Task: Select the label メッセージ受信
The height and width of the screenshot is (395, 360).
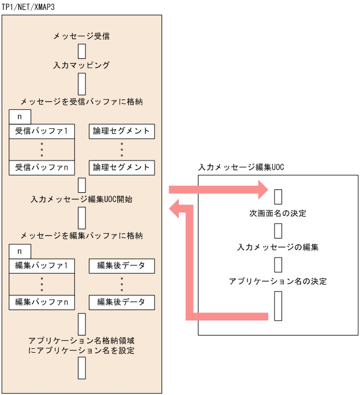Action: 81,36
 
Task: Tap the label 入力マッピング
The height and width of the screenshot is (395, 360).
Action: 81,65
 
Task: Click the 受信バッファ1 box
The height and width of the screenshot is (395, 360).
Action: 42,131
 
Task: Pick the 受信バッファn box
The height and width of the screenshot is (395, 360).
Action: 42,167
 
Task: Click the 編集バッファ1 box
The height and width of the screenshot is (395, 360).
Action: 42,266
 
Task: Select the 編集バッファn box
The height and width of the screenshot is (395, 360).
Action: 42,302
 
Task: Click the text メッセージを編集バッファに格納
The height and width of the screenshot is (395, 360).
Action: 81,235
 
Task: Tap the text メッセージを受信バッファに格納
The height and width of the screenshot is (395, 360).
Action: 81,101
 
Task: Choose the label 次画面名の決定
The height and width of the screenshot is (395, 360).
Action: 277,214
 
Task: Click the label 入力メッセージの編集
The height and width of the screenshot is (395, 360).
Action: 277,247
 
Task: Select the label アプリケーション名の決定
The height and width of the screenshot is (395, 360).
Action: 277,281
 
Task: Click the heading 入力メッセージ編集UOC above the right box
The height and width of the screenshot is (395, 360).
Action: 241,167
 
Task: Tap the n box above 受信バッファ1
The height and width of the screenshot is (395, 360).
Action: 20,117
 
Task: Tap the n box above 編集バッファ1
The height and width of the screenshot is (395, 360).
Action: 20,251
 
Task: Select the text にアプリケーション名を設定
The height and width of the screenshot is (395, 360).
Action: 81,351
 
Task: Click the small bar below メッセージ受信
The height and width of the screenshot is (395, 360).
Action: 82,51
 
